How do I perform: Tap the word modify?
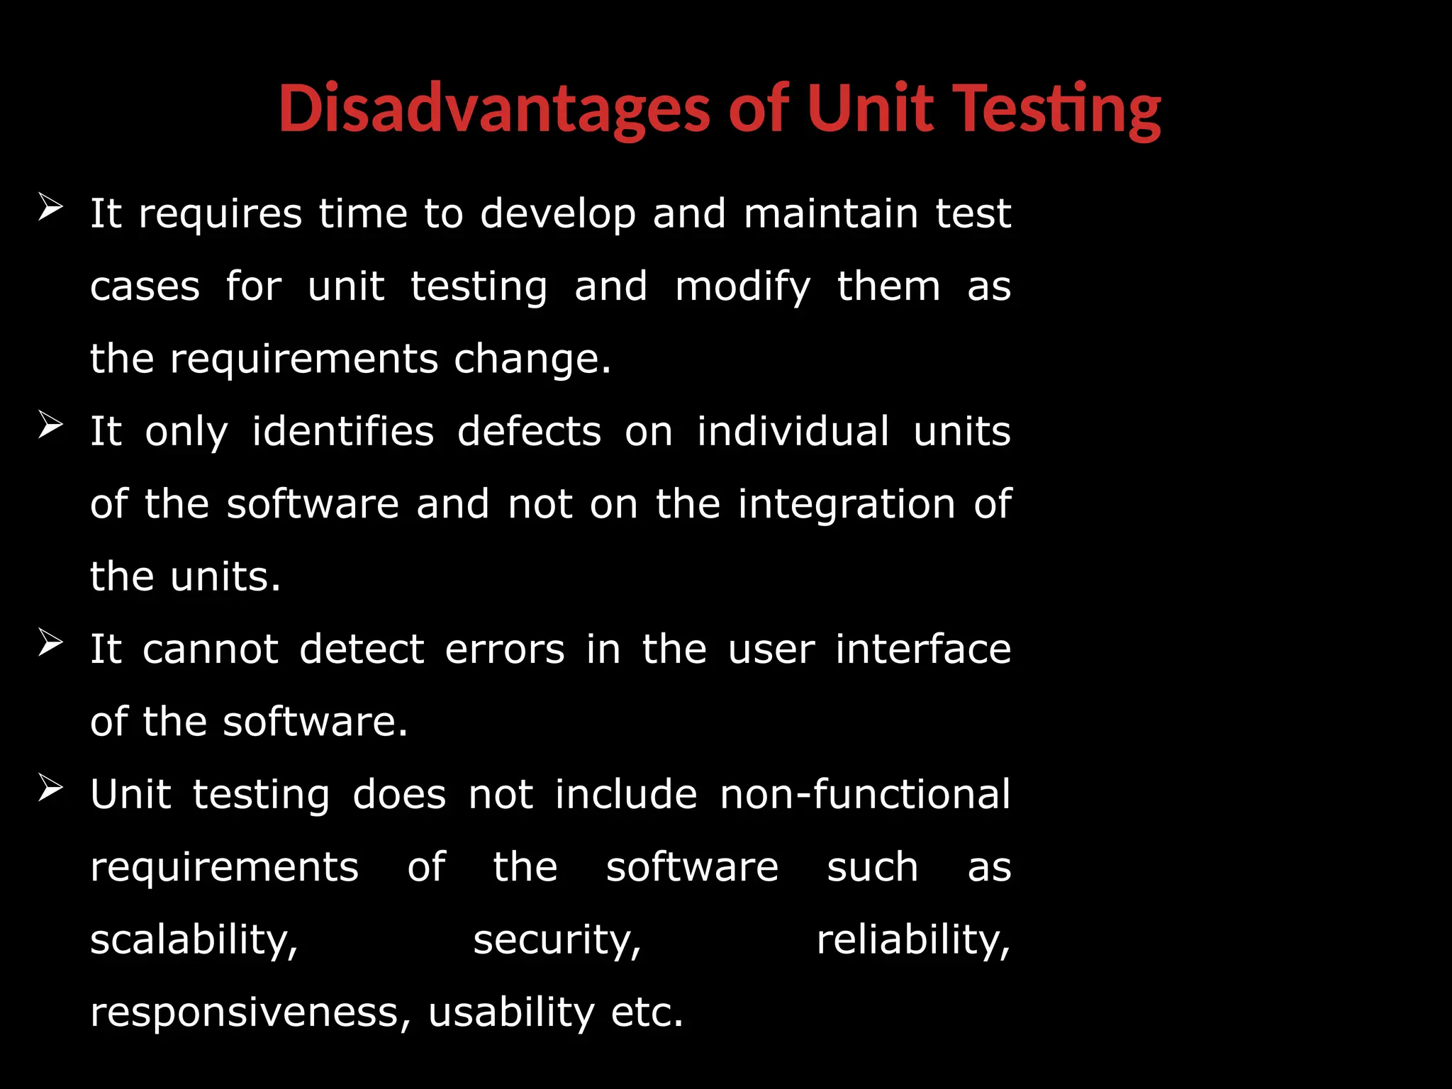click(742, 287)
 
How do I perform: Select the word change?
click(532, 359)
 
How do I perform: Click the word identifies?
click(343, 432)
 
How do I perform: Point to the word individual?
click(793, 432)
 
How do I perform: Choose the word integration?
click(847, 505)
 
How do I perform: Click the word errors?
click(505, 649)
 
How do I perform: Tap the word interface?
click(923, 649)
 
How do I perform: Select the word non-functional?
click(865, 795)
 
